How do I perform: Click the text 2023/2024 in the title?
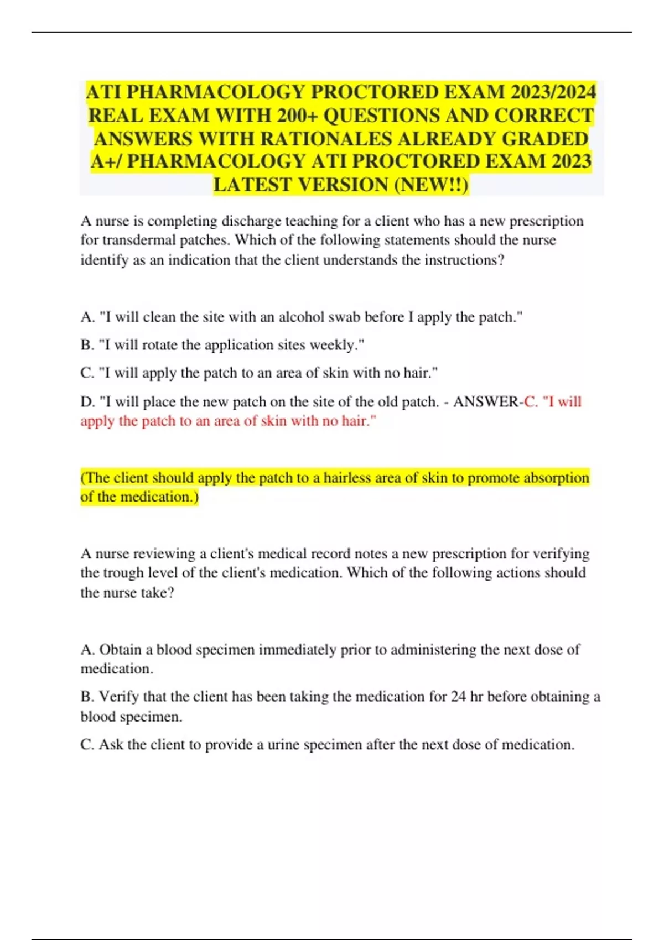(x=554, y=92)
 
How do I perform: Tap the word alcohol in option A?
(x=302, y=317)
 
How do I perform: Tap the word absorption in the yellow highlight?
(x=556, y=478)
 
